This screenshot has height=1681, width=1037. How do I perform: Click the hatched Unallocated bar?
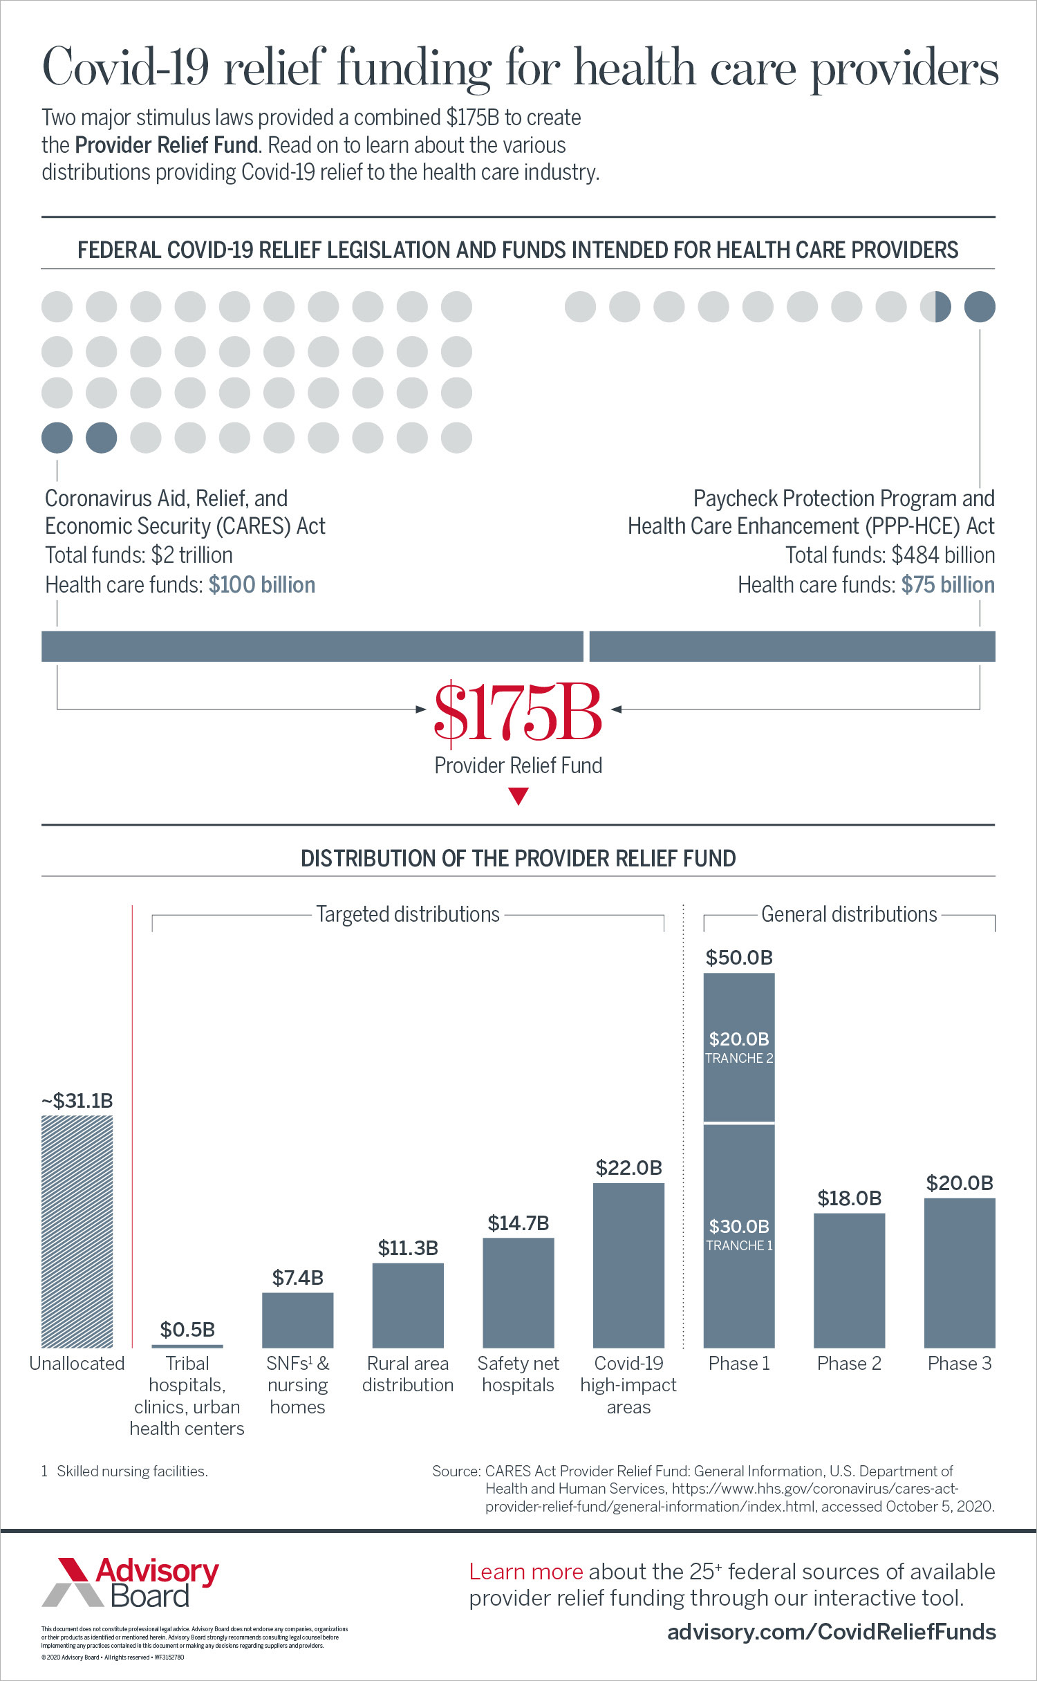pos(77,1231)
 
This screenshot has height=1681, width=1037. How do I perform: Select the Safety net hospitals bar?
pos(518,1292)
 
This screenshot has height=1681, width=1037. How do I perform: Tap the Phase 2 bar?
pos(849,1280)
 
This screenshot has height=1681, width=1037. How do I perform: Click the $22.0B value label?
pos(628,1168)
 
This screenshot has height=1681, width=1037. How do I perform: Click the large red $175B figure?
pos(518,712)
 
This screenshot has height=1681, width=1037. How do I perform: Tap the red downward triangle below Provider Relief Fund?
pos(518,797)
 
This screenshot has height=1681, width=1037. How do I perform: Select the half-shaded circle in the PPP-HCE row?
pos(935,306)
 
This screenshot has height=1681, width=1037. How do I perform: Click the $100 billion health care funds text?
pos(261,585)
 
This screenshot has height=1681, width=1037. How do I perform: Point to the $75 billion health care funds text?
pos(948,585)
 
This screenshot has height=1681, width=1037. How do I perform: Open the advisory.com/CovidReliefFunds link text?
pos(831,1632)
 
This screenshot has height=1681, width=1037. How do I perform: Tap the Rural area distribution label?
pos(408,1374)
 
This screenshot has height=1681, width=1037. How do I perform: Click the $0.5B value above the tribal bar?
pos(187,1330)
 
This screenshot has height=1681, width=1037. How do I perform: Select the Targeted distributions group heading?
pos(408,914)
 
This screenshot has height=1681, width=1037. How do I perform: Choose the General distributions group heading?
pos(849,914)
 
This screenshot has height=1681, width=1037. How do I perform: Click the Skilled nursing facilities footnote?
pos(131,1471)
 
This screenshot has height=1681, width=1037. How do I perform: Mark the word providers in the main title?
pos(904,69)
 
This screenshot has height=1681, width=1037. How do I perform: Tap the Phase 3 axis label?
pos(960,1364)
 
